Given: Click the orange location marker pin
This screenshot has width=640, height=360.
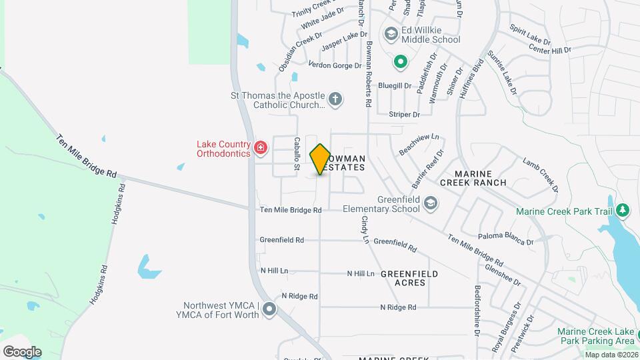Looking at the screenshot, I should (320, 159).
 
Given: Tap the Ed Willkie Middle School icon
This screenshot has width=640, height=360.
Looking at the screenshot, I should (391, 33).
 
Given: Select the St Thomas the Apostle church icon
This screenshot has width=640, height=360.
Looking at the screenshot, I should (335, 101).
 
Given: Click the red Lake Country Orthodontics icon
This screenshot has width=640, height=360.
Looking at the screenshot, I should (261, 148).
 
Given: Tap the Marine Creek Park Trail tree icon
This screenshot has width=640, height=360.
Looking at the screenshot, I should (623, 211).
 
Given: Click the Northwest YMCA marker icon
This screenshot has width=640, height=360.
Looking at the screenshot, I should (269, 309).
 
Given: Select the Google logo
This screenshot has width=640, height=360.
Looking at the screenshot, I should (22, 351).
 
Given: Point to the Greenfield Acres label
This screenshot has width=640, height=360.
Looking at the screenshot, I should (409, 278).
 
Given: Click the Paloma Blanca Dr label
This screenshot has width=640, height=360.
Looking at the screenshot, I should (506, 239).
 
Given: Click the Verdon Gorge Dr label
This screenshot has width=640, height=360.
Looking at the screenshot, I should (335, 65).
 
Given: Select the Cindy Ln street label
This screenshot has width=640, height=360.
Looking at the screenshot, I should (365, 229).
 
